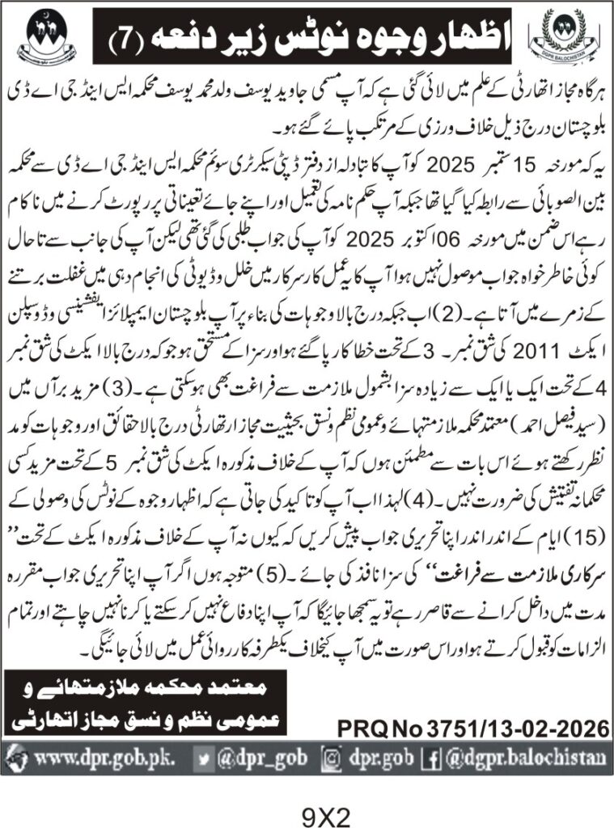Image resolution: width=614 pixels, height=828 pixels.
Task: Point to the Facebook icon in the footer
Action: coord(434,758)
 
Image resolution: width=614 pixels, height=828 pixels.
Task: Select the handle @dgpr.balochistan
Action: coord(525,758)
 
